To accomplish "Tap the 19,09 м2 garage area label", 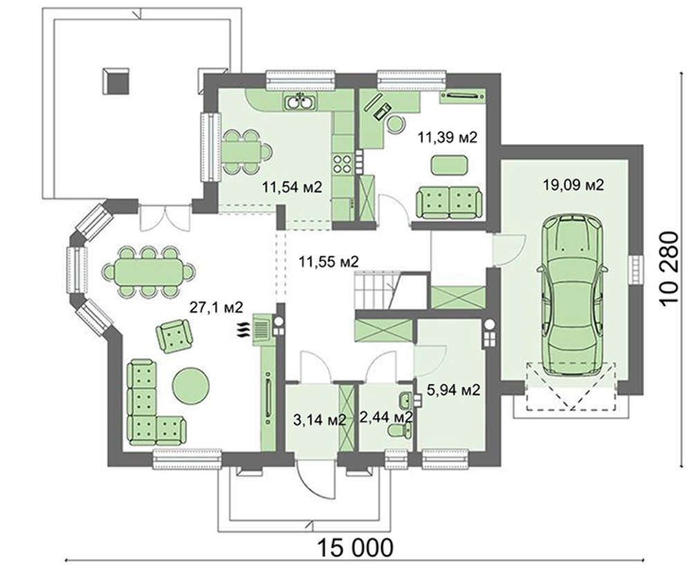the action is tap(572, 185).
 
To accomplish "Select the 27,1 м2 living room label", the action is tap(216, 307).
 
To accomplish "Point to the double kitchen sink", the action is tap(300, 102).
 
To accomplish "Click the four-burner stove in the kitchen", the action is tap(343, 163).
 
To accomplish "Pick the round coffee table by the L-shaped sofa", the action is tap(190, 385).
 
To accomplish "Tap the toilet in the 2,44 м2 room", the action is tap(397, 429).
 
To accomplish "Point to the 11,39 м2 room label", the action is tap(448, 137).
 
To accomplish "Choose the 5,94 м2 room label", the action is tap(454, 390).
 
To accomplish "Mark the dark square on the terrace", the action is tap(116, 80).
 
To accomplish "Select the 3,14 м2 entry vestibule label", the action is tap(319, 419).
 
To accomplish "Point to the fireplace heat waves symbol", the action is tap(244, 331).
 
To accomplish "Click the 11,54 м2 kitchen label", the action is tap(292, 187).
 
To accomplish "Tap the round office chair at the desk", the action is tap(396, 124).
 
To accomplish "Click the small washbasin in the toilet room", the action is tap(405, 401).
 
